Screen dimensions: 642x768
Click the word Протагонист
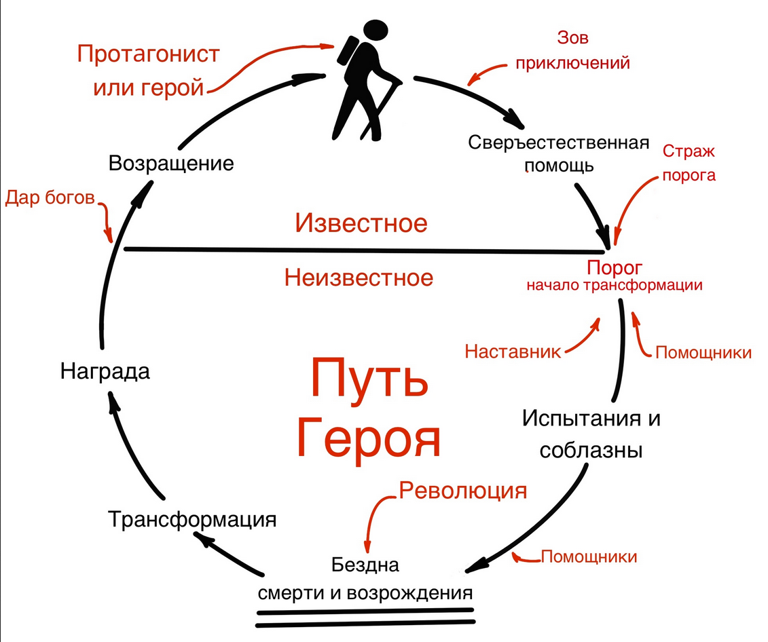148,54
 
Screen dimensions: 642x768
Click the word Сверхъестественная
555,143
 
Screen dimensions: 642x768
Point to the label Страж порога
689,163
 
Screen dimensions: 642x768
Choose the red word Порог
615,266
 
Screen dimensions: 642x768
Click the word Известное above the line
361,223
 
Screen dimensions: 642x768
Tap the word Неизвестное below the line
359,277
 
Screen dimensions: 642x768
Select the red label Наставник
513,352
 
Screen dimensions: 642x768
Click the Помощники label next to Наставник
703,353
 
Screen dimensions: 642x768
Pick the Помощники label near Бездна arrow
589,557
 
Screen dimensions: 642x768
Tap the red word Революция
463,490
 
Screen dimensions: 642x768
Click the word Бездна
365,565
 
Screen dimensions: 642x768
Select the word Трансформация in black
192,521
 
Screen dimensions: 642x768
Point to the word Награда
105,372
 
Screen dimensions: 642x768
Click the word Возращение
171,164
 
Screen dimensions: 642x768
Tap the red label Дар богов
50,197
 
